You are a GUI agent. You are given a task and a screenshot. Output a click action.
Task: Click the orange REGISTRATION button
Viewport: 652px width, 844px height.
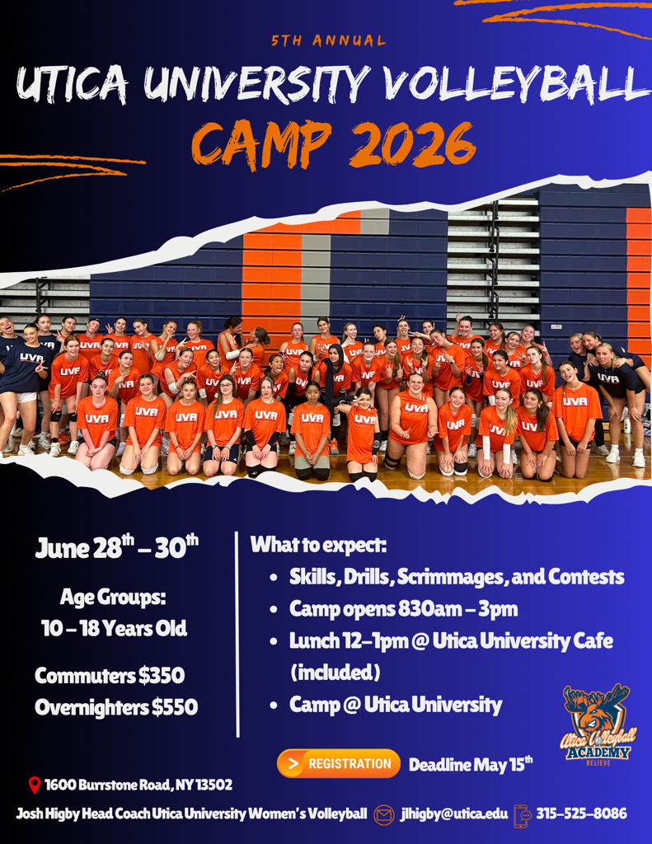click(x=339, y=763)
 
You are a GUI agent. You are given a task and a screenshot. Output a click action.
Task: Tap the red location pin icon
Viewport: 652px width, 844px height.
click(x=35, y=785)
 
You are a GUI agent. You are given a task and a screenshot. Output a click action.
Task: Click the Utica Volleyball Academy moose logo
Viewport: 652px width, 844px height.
click(x=598, y=724)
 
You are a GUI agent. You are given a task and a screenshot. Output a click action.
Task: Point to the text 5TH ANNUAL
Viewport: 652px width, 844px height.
click(x=328, y=41)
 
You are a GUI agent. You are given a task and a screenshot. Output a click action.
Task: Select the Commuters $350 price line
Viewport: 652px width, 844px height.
click(x=110, y=676)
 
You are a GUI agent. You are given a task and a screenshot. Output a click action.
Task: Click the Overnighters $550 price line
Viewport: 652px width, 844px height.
click(x=116, y=707)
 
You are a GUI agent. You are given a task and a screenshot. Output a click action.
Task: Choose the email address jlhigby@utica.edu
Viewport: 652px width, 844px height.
click(x=454, y=814)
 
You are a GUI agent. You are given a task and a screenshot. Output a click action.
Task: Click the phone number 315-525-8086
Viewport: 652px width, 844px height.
click(x=581, y=814)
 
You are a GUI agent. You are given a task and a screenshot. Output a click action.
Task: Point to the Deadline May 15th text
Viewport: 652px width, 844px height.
click(x=471, y=764)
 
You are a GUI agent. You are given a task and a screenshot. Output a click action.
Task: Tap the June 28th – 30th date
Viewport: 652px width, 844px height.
click(x=117, y=547)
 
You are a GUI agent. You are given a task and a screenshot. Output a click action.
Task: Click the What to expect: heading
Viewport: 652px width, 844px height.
click(x=319, y=546)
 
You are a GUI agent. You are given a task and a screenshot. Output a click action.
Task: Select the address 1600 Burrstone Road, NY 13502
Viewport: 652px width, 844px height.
click(x=138, y=785)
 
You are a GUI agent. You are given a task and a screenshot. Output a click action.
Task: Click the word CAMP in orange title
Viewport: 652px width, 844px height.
click(x=262, y=144)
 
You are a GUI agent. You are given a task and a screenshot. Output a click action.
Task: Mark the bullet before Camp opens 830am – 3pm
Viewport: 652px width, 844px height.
click(x=274, y=611)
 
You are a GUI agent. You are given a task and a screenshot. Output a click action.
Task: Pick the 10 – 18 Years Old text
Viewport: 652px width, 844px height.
click(x=114, y=629)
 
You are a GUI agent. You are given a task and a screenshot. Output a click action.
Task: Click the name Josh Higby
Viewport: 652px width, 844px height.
click(x=47, y=814)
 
